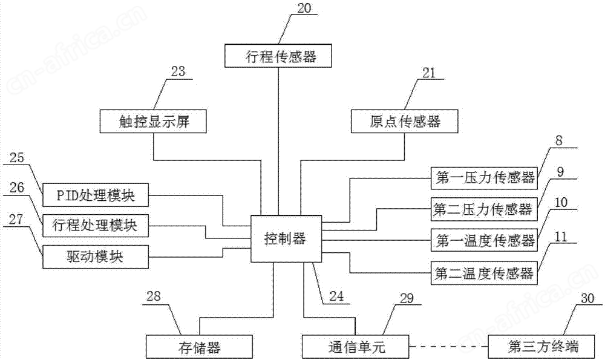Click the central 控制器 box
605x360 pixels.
tap(286, 238)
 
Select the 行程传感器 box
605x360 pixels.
tap(278, 56)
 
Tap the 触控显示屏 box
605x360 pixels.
tap(153, 122)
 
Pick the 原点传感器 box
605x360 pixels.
tap(404, 122)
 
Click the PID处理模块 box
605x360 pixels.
tap(96, 195)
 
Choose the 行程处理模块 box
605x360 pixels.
tap(96, 225)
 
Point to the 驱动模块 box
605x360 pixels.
tap(96, 257)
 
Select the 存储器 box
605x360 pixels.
tap(199, 347)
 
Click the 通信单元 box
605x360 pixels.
tap(355, 347)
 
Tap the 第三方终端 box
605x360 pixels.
tap(541, 347)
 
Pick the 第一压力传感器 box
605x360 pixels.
tap(484, 178)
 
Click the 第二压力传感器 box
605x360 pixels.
tap(484, 209)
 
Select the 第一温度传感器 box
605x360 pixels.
tap(484, 240)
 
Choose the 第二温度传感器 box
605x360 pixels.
tap(484, 273)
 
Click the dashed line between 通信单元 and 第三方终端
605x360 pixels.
tap(448, 347)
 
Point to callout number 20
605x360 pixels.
tap(304, 8)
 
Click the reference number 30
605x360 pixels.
tap(587, 298)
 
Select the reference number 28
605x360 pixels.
tap(154, 296)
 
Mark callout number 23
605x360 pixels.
tap(178, 71)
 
